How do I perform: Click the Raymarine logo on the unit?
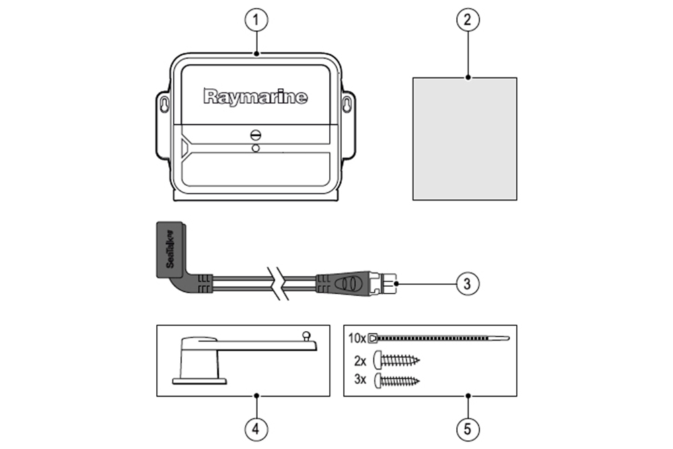(256, 97)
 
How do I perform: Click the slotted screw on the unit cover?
(255, 134)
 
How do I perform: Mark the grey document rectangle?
(464, 138)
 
